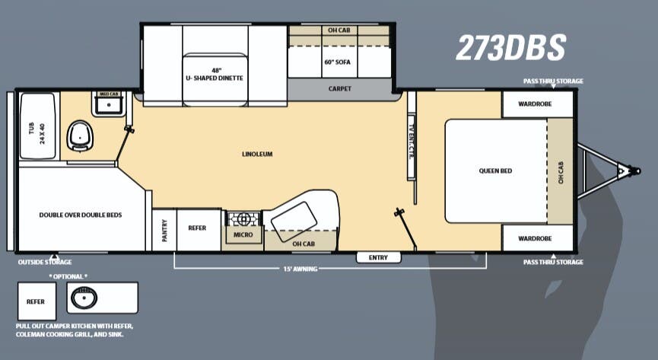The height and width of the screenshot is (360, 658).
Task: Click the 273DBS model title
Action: pyautogui.click(x=510, y=47)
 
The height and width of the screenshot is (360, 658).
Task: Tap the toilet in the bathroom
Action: pyautogui.click(x=78, y=135)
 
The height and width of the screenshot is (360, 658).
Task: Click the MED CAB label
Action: pyautogui.click(x=110, y=94)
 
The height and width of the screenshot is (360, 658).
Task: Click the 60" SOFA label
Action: pyautogui.click(x=339, y=62)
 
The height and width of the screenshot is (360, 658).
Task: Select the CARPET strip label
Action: pyautogui.click(x=340, y=88)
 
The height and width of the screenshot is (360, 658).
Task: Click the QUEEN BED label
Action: pyautogui.click(x=495, y=170)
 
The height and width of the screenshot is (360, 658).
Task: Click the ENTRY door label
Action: pyautogui.click(x=378, y=257)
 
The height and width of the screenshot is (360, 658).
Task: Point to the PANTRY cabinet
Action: pyautogui.click(x=164, y=230)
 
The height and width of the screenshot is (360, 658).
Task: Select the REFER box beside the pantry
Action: pyautogui.click(x=198, y=228)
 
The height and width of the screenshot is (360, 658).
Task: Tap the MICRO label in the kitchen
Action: pyautogui.click(x=243, y=235)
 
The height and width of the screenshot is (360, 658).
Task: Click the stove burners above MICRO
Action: pyautogui.click(x=243, y=219)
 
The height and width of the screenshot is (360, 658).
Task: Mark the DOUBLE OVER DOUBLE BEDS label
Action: pyautogui.click(x=81, y=215)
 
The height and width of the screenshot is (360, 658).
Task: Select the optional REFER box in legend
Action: pyautogui.click(x=36, y=301)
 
